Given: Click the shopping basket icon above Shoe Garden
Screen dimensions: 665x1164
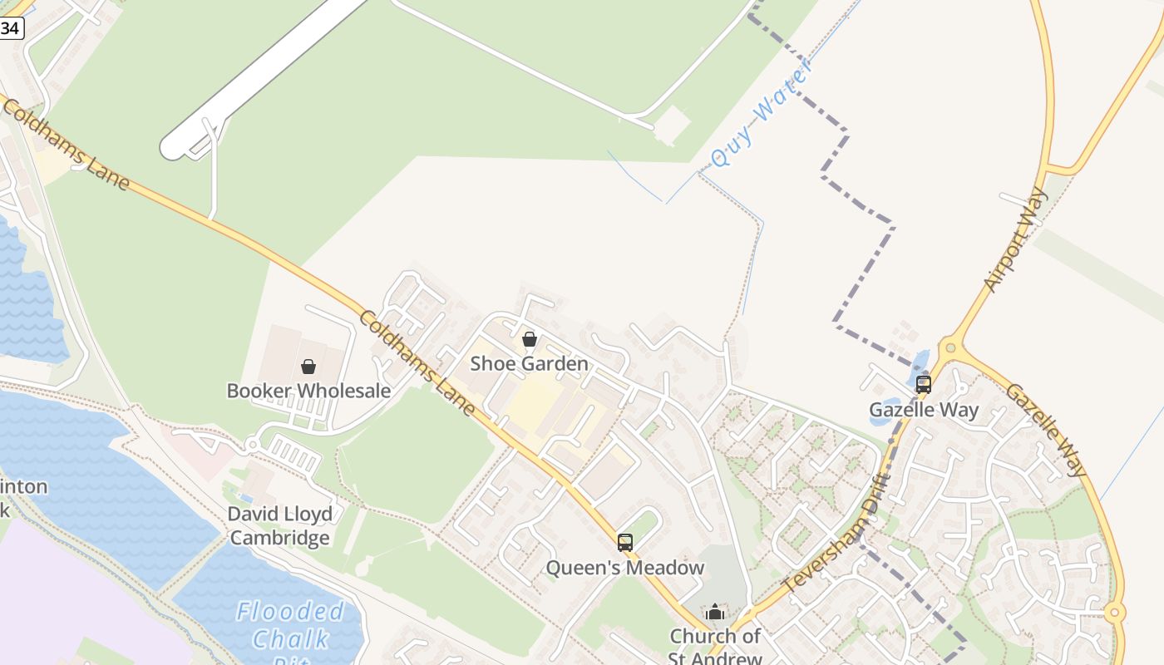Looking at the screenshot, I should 529,339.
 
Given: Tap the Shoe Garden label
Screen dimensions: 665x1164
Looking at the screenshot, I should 529,363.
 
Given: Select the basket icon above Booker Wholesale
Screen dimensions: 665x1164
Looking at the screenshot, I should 308,367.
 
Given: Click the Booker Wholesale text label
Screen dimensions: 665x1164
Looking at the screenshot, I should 308,391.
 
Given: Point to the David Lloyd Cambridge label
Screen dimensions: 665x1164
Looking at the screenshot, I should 280,525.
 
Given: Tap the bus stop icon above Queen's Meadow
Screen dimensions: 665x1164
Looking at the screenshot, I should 625,543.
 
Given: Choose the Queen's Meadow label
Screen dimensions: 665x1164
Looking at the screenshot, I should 624,568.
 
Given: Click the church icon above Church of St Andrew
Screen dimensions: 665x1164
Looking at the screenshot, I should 715,613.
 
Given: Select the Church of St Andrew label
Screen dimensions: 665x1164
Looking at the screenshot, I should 715,647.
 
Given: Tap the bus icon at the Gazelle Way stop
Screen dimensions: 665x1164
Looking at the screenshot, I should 923,384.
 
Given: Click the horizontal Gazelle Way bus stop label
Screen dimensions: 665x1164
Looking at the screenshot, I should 924,410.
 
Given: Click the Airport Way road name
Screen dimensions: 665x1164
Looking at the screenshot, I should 1016,239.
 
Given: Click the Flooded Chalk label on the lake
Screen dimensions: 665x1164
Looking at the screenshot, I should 289,626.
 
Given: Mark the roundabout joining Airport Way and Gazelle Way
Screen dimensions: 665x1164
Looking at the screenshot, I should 949,347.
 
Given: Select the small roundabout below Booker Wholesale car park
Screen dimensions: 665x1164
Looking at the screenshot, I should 252,446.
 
